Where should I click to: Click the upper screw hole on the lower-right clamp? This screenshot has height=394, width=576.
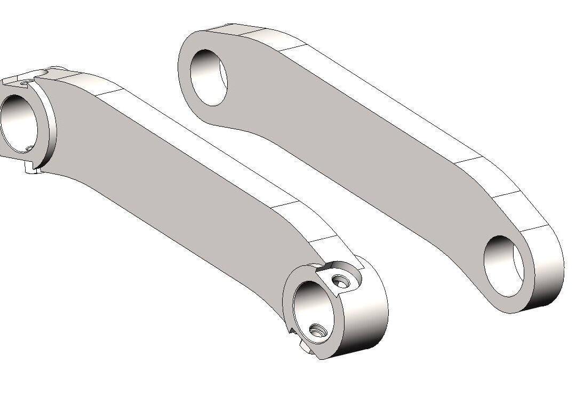[x=338, y=280]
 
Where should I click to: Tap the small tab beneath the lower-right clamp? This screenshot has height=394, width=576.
[x=304, y=347]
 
